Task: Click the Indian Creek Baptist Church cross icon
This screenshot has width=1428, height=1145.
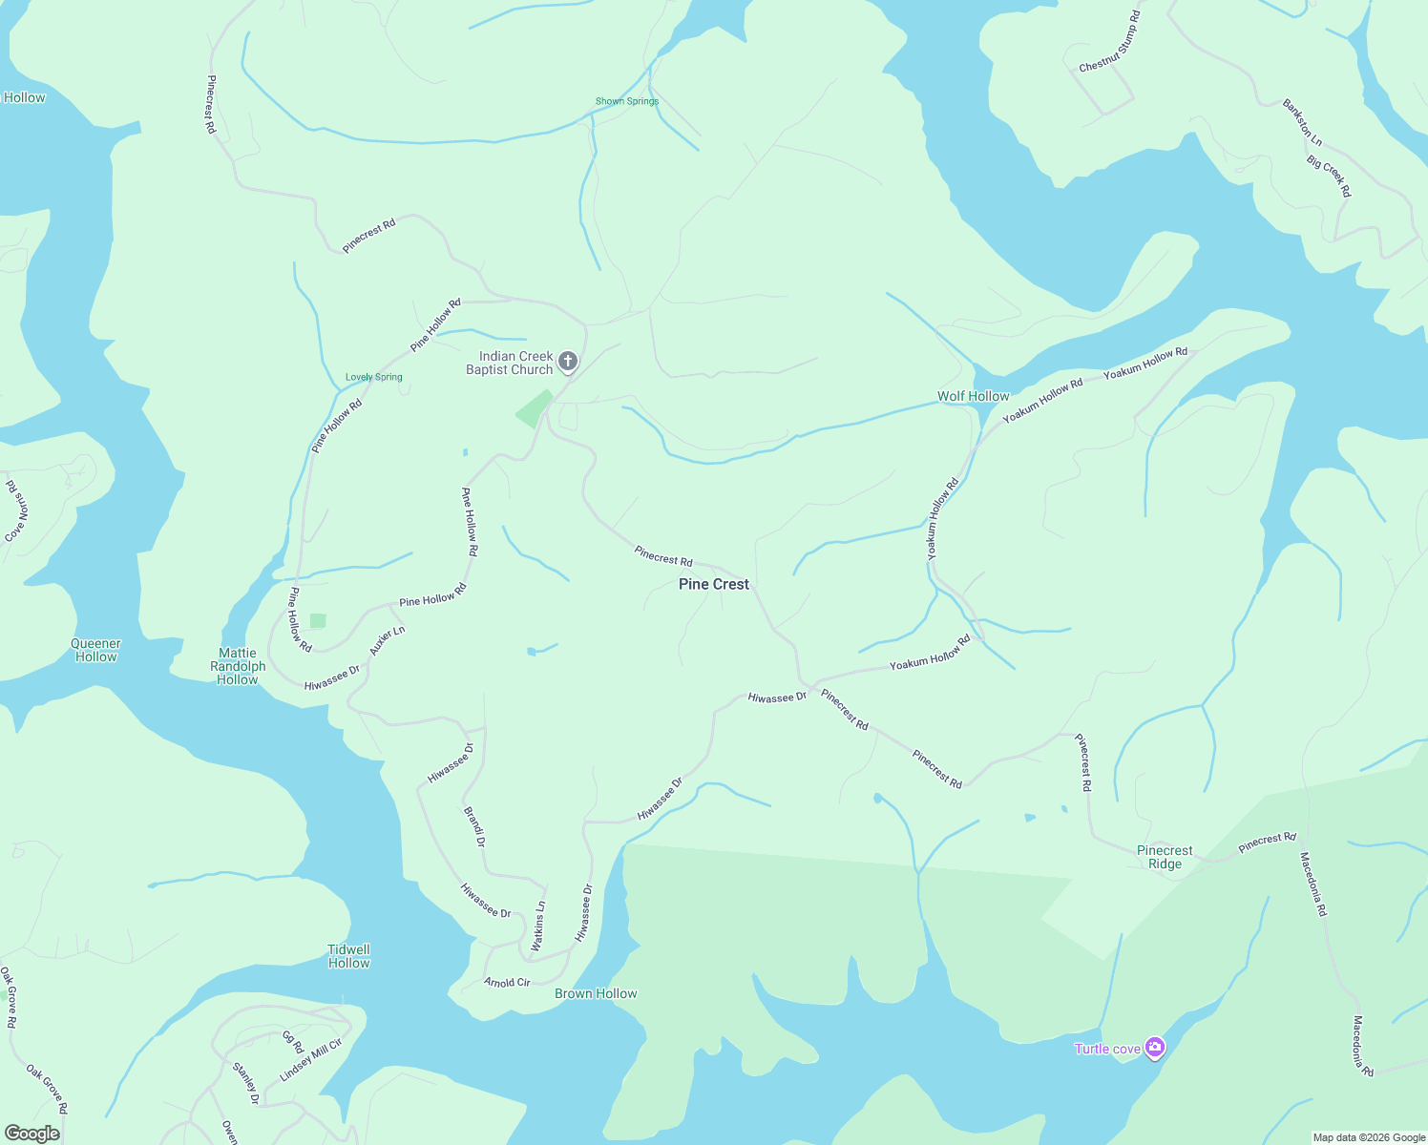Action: click(x=568, y=361)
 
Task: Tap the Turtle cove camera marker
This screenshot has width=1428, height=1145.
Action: click(x=1155, y=1049)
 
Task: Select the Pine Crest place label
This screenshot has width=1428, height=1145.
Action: click(x=714, y=584)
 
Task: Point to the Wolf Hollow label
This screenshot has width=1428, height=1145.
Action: click(x=973, y=396)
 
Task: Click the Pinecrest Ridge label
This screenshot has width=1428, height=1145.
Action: click(x=1165, y=857)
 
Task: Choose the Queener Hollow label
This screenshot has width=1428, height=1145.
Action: click(x=95, y=650)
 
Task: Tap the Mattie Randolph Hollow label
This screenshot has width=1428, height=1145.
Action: click(x=238, y=666)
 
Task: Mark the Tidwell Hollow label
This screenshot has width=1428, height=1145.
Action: click(x=348, y=956)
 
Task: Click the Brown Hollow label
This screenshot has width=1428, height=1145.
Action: click(x=596, y=993)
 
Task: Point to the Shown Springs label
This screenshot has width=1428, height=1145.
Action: click(x=627, y=101)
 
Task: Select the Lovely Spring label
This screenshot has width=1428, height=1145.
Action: click(x=374, y=377)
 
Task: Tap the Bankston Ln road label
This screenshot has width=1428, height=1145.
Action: click(x=1302, y=122)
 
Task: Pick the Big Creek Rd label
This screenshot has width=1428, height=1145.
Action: click(x=1329, y=177)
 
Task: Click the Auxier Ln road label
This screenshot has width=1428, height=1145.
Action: click(x=388, y=640)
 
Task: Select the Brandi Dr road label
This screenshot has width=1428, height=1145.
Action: click(x=474, y=826)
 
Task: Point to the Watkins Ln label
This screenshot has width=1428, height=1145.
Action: click(x=538, y=926)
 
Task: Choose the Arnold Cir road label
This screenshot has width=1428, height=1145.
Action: click(x=507, y=982)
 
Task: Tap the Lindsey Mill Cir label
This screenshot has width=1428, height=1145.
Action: click(x=310, y=1060)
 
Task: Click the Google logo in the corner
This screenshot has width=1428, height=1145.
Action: click(x=31, y=1134)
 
